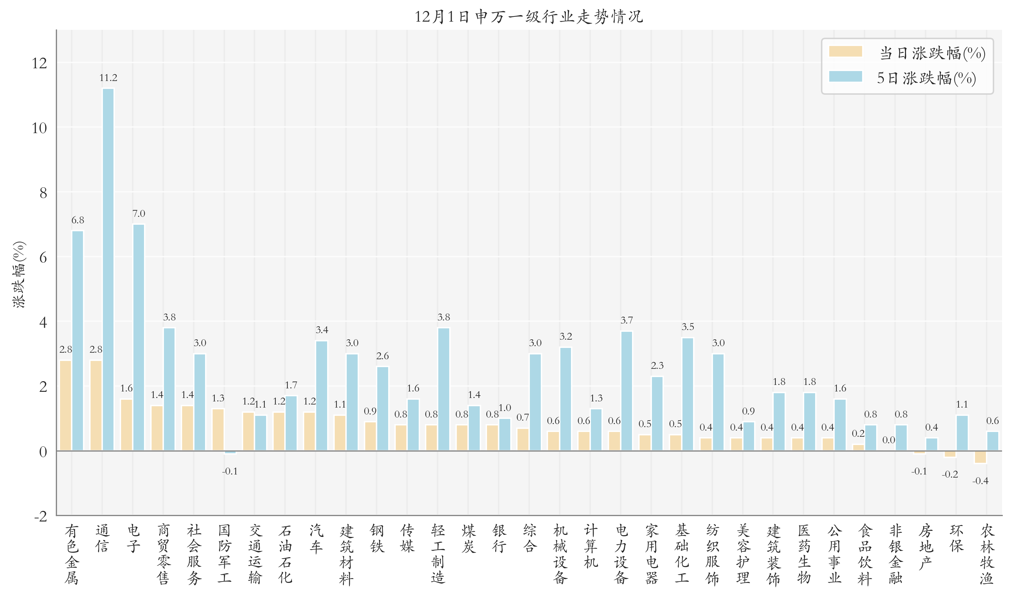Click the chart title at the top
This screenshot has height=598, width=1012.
coord(528,17)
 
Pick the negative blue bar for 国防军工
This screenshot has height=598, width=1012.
coord(230,452)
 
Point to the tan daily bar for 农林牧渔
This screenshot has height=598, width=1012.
coord(980,457)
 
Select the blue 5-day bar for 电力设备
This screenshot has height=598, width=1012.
coord(627,390)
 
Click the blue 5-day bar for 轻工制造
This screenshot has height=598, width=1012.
coord(443,389)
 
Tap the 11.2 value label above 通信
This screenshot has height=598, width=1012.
coord(108,78)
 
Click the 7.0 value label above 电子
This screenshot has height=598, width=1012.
coord(139,213)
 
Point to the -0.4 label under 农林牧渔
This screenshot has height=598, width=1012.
coord(980,481)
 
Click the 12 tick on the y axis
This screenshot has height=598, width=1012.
coord(39,63)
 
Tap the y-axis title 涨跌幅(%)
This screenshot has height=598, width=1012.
coord(19,274)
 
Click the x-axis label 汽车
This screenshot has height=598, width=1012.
coord(316,538)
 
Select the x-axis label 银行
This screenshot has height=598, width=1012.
coord(499,538)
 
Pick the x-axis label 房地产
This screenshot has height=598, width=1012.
coord(926,547)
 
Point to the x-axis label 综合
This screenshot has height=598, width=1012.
coord(529,538)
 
